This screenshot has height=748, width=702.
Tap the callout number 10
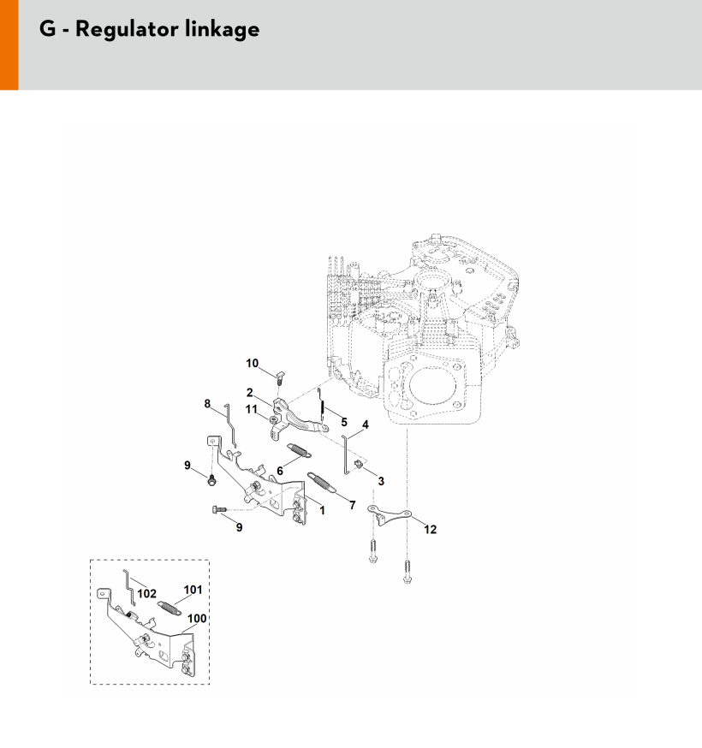pyautogui.click(x=252, y=364)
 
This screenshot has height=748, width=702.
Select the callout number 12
pyautogui.click(x=430, y=530)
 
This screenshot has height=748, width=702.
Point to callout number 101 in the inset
pyautogui.click(x=193, y=591)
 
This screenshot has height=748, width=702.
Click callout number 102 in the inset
pyautogui.click(x=146, y=594)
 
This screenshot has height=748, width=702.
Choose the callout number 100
pyautogui.click(x=197, y=619)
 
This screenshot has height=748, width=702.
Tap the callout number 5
pyautogui.click(x=344, y=423)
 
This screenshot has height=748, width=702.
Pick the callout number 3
pyautogui.click(x=381, y=481)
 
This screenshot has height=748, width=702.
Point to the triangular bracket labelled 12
pyautogui.click(x=389, y=514)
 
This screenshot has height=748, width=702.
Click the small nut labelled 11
pyautogui.click(x=273, y=420)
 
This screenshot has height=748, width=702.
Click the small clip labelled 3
pyautogui.click(x=359, y=464)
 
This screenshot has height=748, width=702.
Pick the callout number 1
pyautogui.click(x=322, y=511)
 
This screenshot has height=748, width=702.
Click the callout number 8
pyautogui.click(x=207, y=404)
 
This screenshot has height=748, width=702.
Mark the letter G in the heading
pyautogui.click(x=48, y=28)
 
